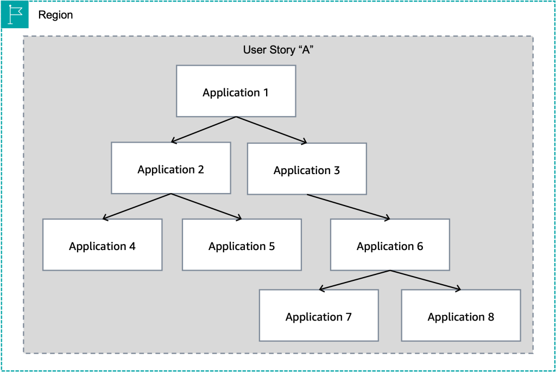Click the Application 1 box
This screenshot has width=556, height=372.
pos(236,91)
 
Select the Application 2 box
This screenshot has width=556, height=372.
pos(170,168)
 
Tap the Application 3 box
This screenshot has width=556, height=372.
pos(307,169)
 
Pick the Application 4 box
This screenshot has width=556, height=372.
pos(102,245)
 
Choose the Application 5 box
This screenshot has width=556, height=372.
pos(242,245)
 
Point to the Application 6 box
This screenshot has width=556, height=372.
pos(390,245)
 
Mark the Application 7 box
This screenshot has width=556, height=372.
pos(319,316)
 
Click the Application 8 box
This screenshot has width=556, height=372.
pos(461,316)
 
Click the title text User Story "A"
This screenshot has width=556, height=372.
pos(279,50)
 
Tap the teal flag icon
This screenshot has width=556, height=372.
pos(15,15)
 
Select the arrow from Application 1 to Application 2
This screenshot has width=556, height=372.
pos(204,130)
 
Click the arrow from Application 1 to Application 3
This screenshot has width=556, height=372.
pos(271,130)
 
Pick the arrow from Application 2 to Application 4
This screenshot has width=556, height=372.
pos(137,207)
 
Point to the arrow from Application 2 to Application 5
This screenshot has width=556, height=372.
pos(206,207)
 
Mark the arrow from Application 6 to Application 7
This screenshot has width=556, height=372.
pos(355,280)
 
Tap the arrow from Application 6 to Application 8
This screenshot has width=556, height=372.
pos(425,280)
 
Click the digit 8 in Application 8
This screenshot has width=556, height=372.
pos(491,317)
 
